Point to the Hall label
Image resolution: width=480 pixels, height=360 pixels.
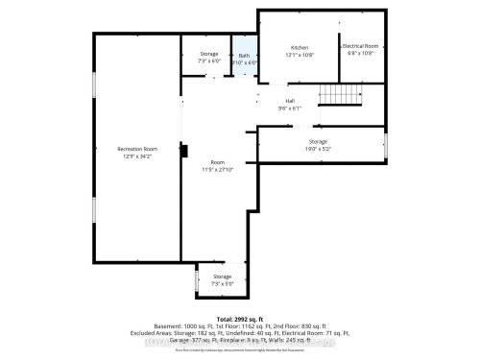288,101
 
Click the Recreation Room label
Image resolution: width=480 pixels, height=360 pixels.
137,149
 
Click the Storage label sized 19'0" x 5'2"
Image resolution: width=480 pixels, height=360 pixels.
318,141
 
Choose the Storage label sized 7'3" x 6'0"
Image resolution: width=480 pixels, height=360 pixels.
208,54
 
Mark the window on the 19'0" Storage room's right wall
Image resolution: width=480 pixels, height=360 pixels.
385,144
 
